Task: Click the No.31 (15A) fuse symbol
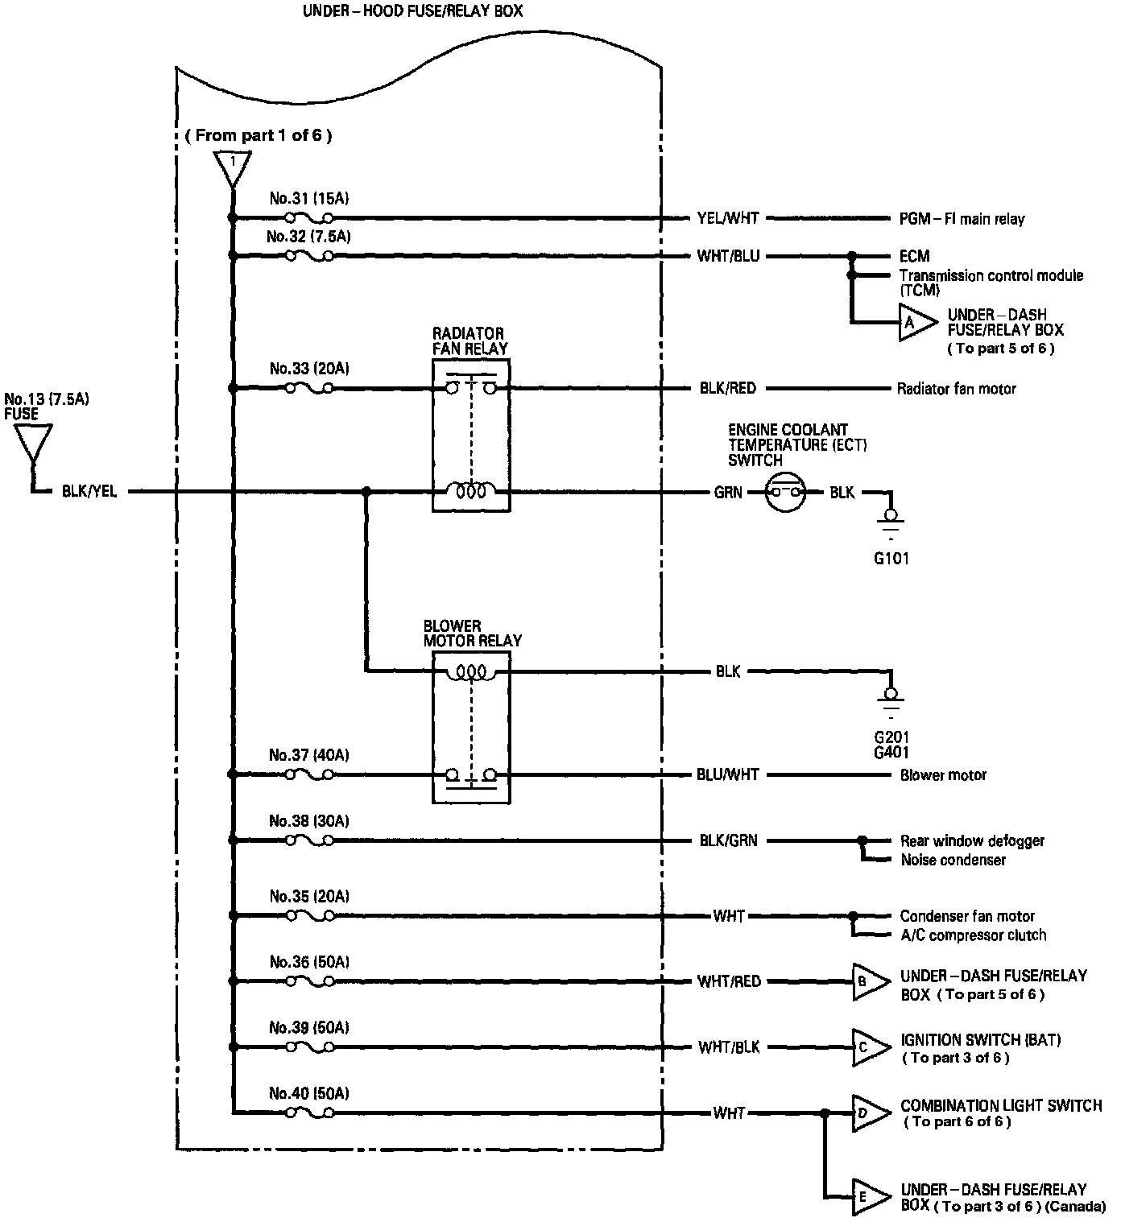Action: [x=310, y=217]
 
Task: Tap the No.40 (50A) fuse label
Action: [x=309, y=1093]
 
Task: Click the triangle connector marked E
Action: [x=871, y=1197]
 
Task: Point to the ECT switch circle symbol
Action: [x=785, y=492]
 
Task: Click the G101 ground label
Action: [x=891, y=558]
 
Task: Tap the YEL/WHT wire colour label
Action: [x=728, y=218]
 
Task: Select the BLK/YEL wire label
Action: [x=89, y=491]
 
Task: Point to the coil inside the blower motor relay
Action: [x=471, y=672]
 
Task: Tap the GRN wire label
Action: [x=728, y=492]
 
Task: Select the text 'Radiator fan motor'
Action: [x=957, y=389]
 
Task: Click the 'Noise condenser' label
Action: [x=953, y=861]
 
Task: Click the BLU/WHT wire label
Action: [x=728, y=775]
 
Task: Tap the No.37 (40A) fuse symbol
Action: [x=310, y=775]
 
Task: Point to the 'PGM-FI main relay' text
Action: [x=962, y=219]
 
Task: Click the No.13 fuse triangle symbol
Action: [x=33, y=444]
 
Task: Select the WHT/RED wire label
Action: [x=729, y=981]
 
